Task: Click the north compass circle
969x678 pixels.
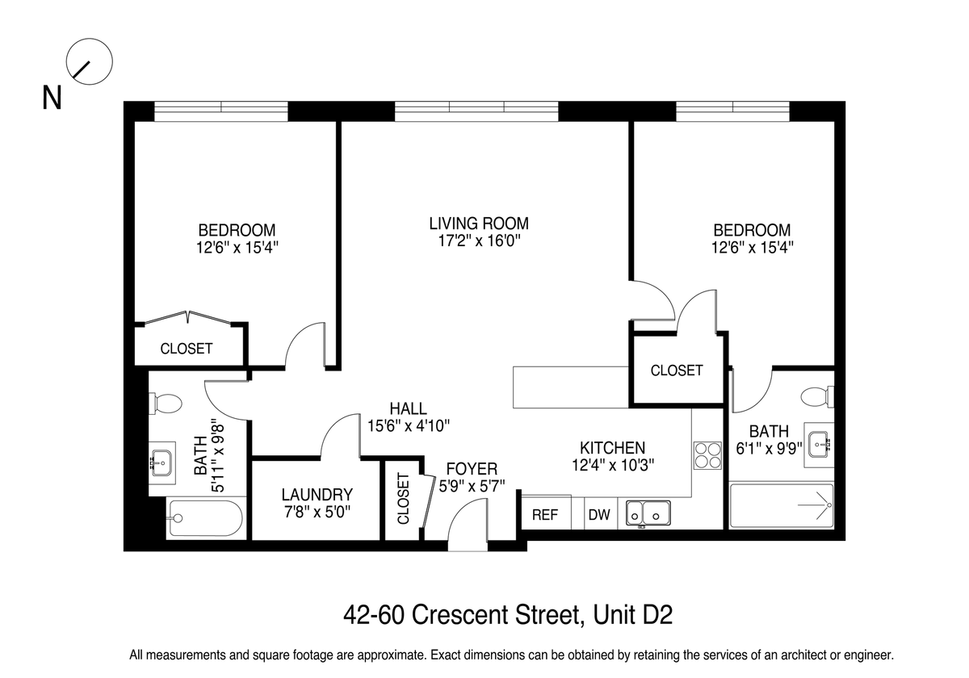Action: [89, 39]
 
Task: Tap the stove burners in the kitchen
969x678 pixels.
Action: [707, 455]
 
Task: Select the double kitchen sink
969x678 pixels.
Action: [648, 513]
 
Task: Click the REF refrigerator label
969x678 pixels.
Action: [545, 515]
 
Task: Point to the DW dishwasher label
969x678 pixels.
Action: [599, 515]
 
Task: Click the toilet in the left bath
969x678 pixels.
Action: [166, 404]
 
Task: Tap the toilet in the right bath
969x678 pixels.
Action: [817, 396]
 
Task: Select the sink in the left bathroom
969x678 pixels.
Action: [161, 463]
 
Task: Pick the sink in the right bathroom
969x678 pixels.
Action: [819, 444]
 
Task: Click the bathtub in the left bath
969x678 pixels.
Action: [205, 518]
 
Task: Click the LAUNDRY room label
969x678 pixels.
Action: [317, 495]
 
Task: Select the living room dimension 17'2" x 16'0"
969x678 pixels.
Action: [479, 241]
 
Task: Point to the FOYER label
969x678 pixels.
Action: [472, 469]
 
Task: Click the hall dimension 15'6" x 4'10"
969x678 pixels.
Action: [409, 426]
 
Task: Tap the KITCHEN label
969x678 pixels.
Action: [613, 447]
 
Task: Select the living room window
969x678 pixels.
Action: [476, 111]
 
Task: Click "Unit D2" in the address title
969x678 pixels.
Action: [633, 614]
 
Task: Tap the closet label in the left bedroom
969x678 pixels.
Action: [187, 349]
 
